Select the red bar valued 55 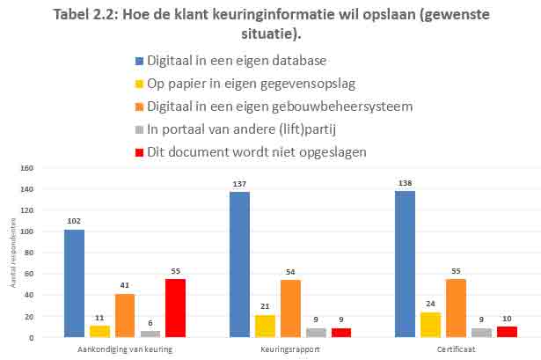click(175, 308)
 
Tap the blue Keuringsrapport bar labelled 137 click(239, 264)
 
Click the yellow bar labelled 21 click(265, 326)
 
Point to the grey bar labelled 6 click(150, 334)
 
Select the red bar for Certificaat click(507, 332)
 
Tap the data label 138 click(405, 183)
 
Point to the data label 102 click(74, 221)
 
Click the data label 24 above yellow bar click(430, 304)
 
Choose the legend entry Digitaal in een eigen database click(237, 61)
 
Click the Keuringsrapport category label click(290, 349)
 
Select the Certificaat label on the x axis click(456, 349)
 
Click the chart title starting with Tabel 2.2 click(270, 25)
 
